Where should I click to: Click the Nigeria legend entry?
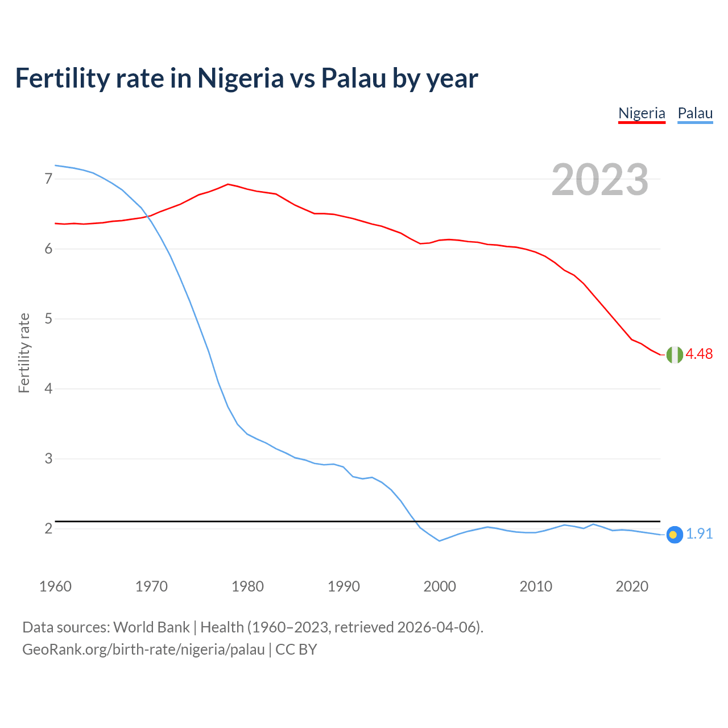pos(642,113)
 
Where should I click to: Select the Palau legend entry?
pos(695,113)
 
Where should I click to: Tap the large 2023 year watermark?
pos(599,180)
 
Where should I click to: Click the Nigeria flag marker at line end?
pos(675,354)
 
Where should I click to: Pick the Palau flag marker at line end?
pos(674,535)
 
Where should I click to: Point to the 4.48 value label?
pos(699,354)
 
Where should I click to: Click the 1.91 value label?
pos(699,533)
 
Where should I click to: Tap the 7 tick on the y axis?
pos(48,179)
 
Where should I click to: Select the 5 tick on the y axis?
pos(48,319)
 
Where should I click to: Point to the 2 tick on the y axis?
pos(48,529)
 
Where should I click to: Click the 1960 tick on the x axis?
pos(55,586)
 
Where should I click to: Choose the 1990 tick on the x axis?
pos(344,586)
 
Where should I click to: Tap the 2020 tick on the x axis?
pos(632,586)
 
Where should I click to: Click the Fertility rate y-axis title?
pos(24,353)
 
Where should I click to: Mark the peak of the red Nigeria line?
pos(227,184)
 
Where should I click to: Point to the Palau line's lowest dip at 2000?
pos(439,541)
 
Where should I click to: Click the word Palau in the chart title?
pos(354,78)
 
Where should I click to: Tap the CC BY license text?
pos(296,650)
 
